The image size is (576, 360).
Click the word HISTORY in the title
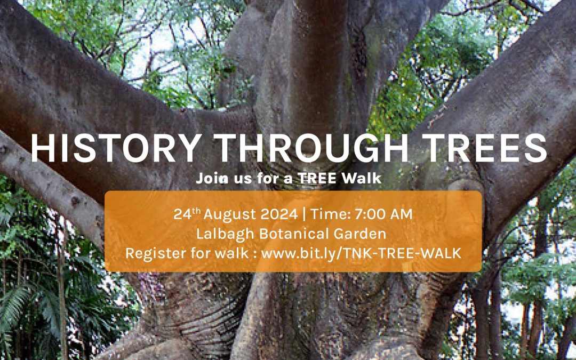pos(116,148)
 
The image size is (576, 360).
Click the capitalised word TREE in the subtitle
pos(317,179)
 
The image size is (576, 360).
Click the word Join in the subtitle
pos(209,179)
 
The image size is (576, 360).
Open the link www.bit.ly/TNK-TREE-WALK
pos(361,253)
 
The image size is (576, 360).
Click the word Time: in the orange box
pos(330,214)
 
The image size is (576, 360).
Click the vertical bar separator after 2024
pos(304,214)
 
